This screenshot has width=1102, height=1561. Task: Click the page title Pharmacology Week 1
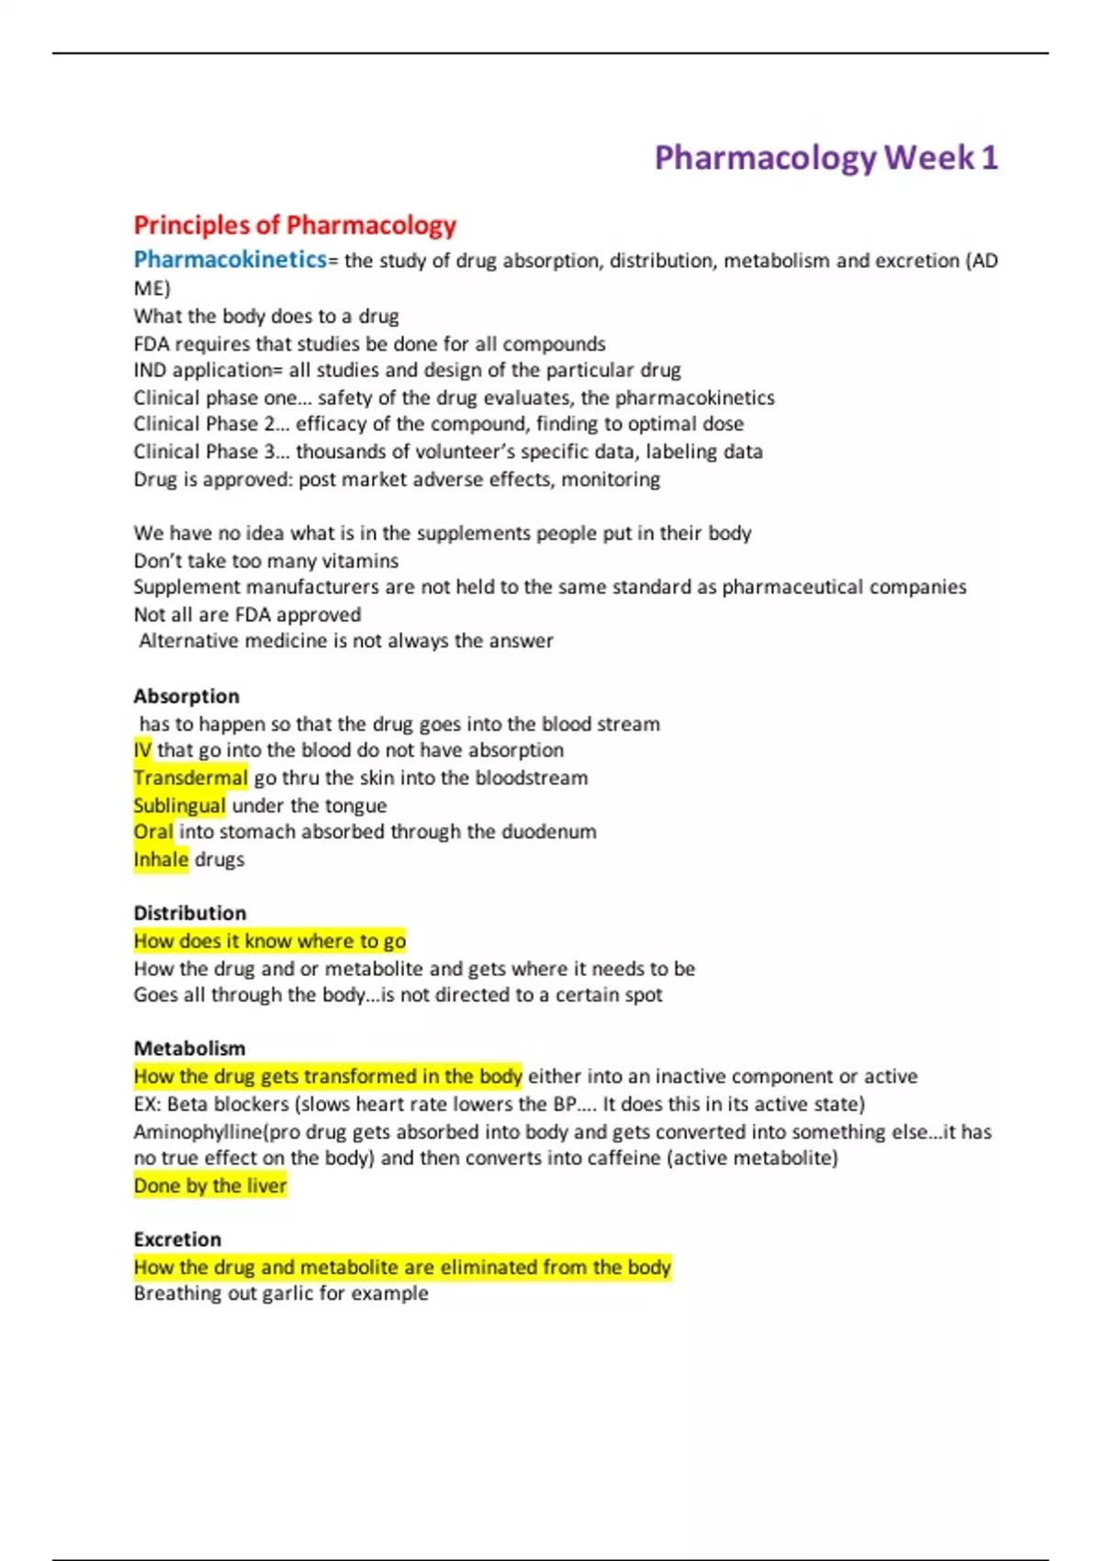[x=826, y=158]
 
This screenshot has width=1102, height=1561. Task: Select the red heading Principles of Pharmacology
[x=295, y=225]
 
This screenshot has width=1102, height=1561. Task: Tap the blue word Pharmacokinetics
[x=230, y=260]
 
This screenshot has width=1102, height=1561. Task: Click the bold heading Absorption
[x=186, y=696]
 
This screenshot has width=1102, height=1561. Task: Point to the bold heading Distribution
[x=190, y=913]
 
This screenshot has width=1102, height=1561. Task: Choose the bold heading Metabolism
[x=189, y=1049]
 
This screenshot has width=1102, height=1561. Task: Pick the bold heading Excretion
[x=177, y=1240]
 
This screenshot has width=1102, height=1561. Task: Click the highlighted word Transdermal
[x=190, y=778]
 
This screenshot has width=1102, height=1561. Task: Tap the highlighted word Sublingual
[x=179, y=805]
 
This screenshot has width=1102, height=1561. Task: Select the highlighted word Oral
[x=152, y=832]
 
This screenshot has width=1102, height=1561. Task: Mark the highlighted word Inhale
[x=161, y=859]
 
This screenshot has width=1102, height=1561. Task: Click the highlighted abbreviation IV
[x=142, y=750]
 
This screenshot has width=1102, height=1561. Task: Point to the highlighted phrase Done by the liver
[x=210, y=1185]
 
